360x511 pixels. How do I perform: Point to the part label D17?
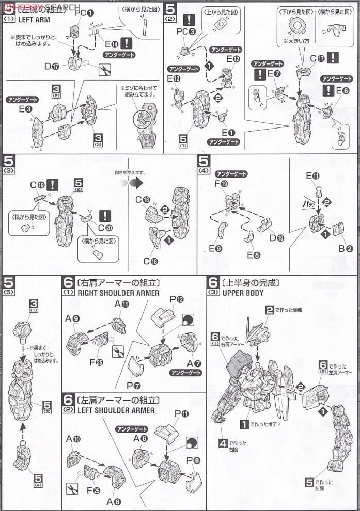[x=52, y=66]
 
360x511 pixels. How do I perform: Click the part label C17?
[x=317, y=58]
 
